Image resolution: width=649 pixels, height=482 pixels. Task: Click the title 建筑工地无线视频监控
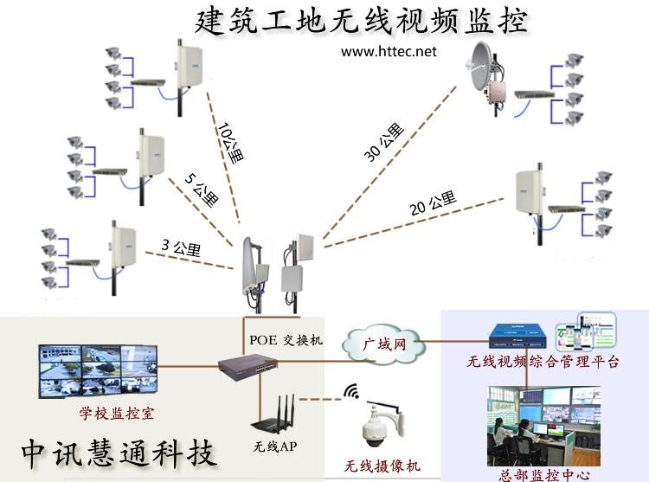coord(362,20)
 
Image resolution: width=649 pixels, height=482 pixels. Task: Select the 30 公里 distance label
coord(384,143)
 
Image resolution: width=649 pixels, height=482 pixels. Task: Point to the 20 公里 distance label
coord(433,205)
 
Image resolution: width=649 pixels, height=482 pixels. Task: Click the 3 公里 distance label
coord(181,249)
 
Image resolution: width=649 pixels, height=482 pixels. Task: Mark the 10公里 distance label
coord(231,141)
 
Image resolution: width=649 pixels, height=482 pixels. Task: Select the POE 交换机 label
coord(286,339)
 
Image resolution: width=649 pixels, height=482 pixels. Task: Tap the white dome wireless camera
coord(382,425)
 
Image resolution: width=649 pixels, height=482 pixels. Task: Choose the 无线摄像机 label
coord(382,466)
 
